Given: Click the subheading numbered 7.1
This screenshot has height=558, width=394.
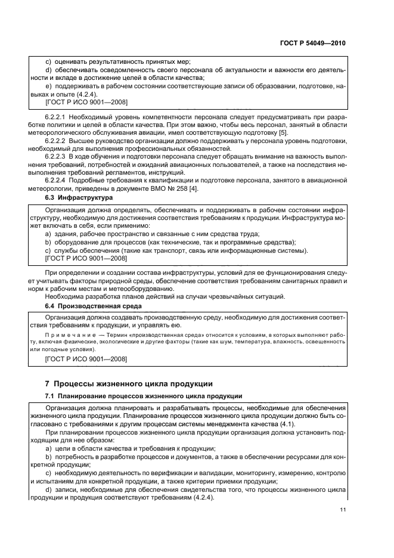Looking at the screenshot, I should pos(50,396).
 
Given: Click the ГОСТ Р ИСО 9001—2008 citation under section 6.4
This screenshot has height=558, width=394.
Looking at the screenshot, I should pos(86,360).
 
